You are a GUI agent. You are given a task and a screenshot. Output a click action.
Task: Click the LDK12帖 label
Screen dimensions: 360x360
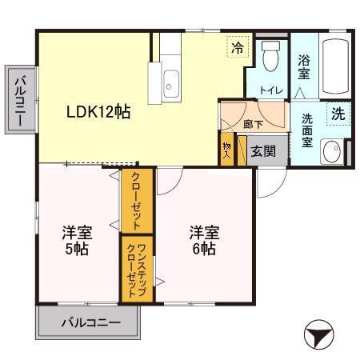pos(98,112)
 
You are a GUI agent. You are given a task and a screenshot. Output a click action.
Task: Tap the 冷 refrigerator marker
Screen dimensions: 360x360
pos(237,48)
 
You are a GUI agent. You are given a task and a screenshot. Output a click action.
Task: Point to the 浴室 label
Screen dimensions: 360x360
pos(305,67)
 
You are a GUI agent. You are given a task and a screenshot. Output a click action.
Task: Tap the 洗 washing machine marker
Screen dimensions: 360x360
pos(338,114)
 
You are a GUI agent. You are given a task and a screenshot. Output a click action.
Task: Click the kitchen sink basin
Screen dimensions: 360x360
pos(171,81)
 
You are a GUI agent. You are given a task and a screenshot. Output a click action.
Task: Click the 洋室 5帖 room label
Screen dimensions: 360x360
pos(78,240)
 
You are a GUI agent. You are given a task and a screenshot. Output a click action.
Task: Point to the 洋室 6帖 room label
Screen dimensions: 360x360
pos(203,240)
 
